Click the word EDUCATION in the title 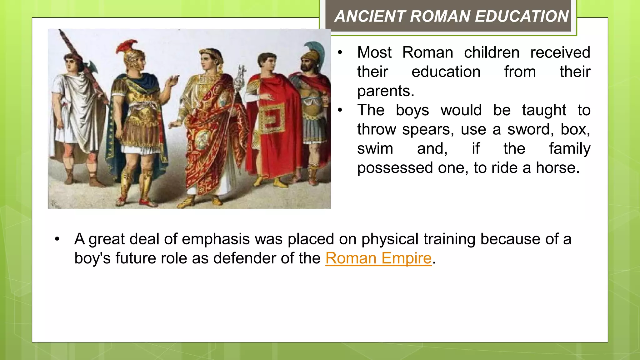point(522,16)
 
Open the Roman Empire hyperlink point(378,258)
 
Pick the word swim point(375,149)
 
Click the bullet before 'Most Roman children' point(340,52)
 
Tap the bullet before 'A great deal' point(57,239)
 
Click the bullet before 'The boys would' point(340,110)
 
